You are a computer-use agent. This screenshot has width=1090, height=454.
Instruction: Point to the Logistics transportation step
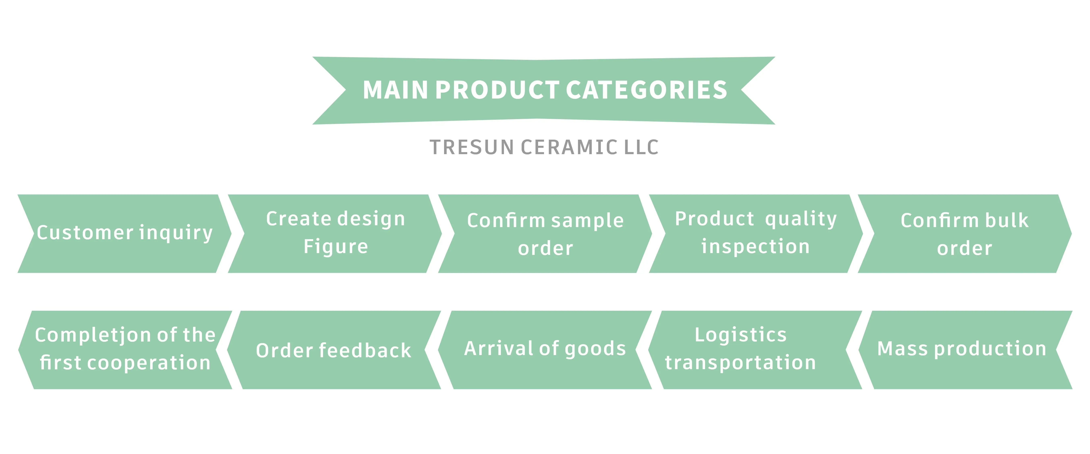[x=741, y=349]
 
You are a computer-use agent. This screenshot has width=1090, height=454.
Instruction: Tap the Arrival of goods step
[x=545, y=349]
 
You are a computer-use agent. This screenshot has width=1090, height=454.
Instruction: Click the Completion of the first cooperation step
[x=125, y=349]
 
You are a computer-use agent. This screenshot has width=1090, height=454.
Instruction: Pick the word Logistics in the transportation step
[x=741, y=335]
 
